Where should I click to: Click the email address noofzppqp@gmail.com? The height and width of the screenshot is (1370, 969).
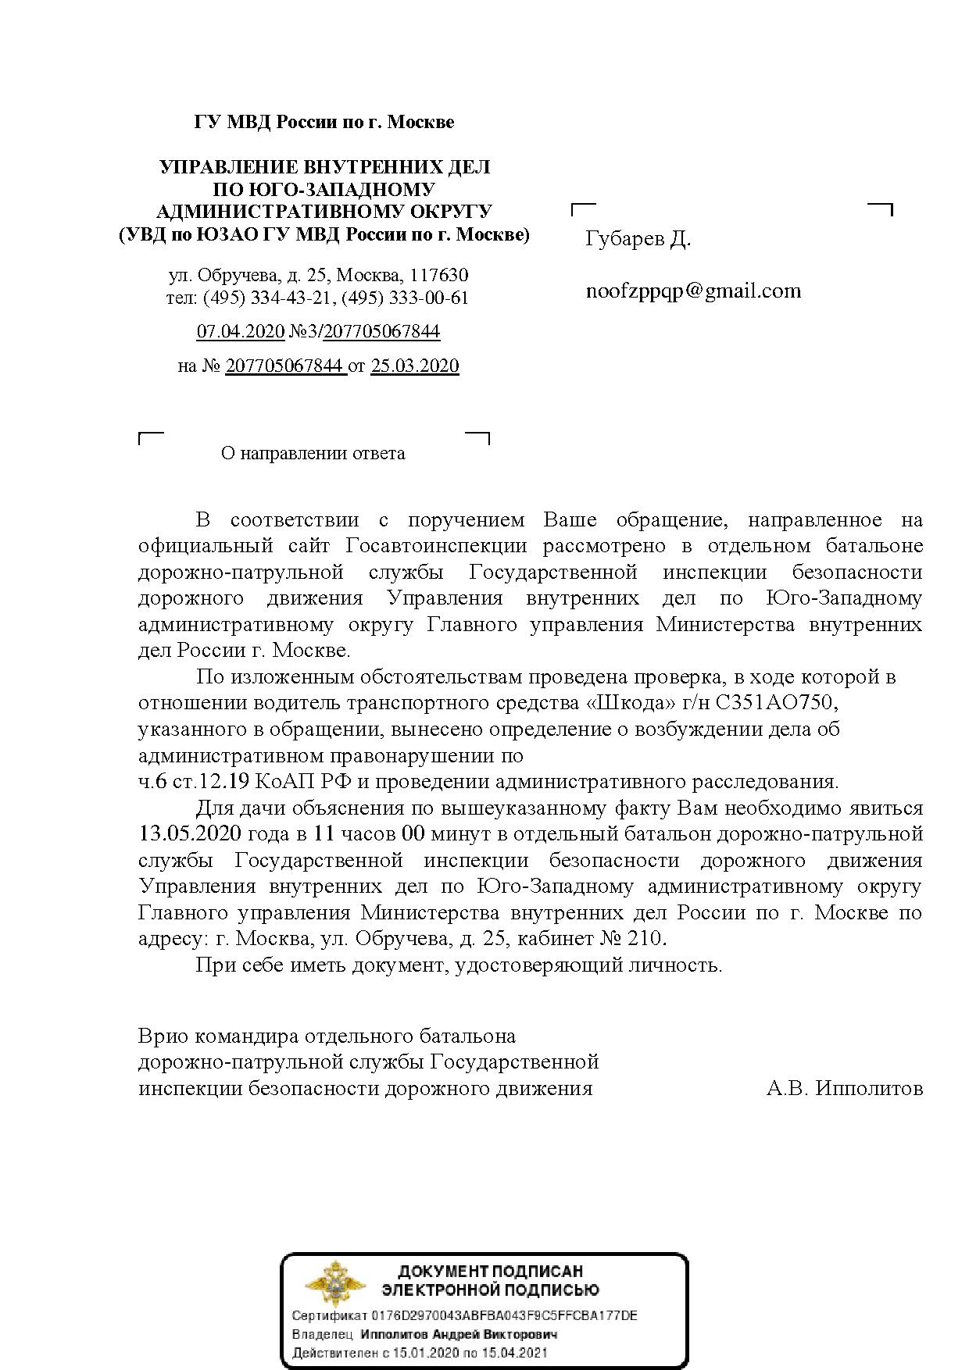coord(693,291)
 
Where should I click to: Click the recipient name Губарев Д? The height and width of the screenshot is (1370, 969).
coord(638,238)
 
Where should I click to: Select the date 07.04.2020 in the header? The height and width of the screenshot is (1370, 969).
coord(240,332)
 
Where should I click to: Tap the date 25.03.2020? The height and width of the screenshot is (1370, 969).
coord(414,366)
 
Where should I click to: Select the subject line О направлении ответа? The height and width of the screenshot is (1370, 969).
coord(313,454)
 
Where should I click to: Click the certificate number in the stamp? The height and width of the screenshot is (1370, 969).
coord(505,1315)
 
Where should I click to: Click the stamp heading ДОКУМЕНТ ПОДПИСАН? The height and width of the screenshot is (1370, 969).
coord(491,1272)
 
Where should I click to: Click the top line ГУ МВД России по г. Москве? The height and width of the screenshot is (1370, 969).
coord(324,123)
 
